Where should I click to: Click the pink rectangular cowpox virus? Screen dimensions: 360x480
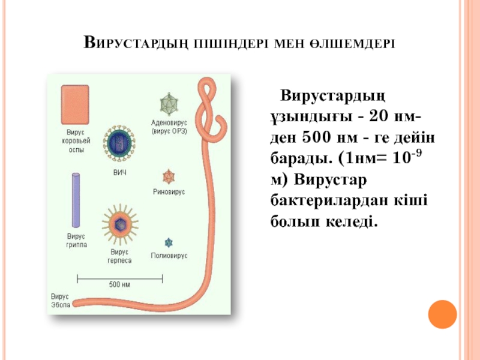point(74,104)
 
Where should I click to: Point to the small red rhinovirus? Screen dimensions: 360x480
point(169,176)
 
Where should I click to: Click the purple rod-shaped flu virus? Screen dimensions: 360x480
point(76,197)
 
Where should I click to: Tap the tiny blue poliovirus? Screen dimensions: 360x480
point(169,242)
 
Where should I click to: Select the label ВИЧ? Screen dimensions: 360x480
point(120,173)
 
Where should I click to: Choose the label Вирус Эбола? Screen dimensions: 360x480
point(60,301)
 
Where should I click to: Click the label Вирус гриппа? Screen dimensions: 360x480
point(76,241)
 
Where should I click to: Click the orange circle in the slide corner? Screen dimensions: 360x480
point(443,313)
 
